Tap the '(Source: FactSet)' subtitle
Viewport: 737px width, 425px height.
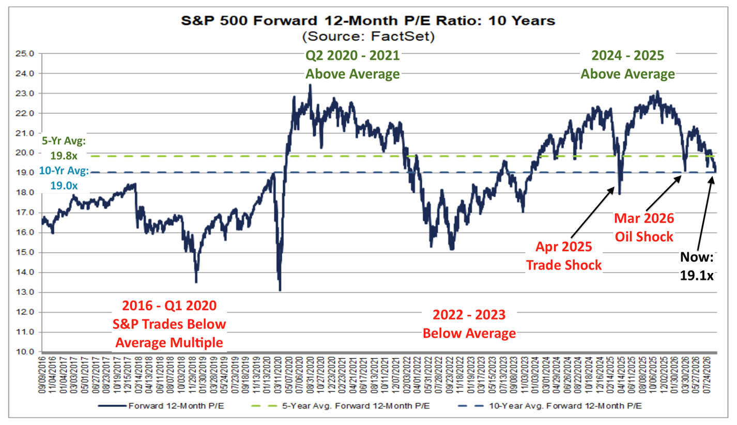(368, 36)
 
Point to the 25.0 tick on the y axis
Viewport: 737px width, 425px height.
(25, 54)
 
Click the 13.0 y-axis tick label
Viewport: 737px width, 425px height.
(25, 292)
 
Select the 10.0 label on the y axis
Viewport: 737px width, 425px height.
(25, 352)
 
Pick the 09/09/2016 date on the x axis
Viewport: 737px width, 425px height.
(42, 375)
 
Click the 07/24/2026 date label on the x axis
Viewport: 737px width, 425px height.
(707, 375)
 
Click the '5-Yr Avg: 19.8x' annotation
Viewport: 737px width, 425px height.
(64, 148)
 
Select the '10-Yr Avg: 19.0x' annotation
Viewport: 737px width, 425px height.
(64, 178)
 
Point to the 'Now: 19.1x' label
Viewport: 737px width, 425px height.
(697, 266)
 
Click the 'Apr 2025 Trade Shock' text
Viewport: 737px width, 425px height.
(564, 256)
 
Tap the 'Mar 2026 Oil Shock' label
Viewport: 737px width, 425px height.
(644, 227)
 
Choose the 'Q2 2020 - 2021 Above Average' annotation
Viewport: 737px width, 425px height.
(352, 65)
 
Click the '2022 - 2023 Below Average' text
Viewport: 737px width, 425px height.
(469, 324)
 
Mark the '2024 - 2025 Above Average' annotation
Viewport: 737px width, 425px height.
(627, 65)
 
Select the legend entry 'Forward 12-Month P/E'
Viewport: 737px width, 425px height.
(161, 406)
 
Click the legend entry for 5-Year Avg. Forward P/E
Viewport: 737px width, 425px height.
(341, 406)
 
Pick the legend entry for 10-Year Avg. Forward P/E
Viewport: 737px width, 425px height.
(550, 406)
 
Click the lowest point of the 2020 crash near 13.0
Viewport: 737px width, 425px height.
(280, 291)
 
